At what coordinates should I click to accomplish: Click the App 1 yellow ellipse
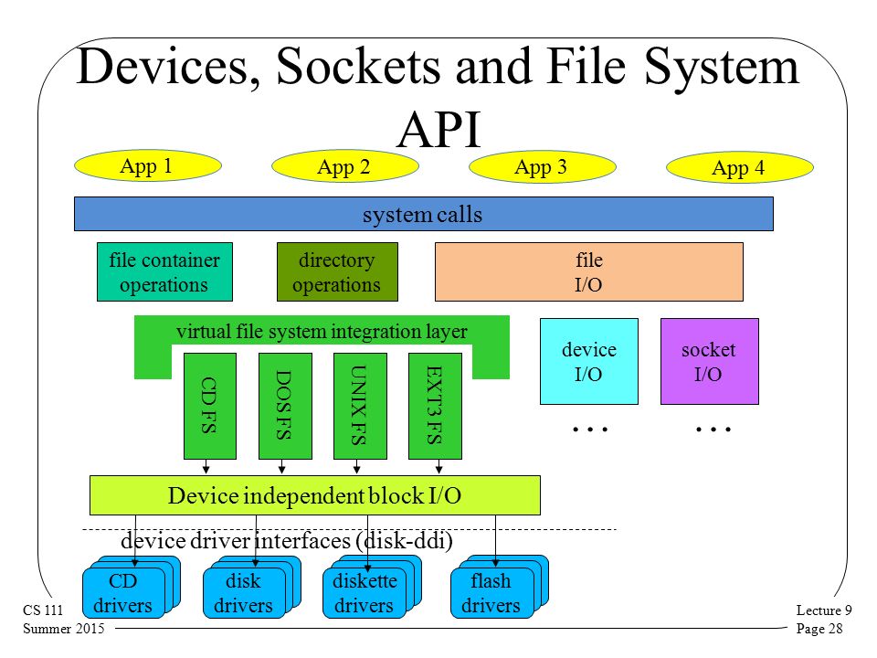point(148,165)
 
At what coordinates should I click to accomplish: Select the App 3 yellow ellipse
point(542,166)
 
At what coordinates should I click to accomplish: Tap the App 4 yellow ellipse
point(739,167)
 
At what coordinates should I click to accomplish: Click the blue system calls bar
point(423,214)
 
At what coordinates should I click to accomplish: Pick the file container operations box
point(164,272)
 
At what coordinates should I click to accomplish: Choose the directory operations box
point(337,272)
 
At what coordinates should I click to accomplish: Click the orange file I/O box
point(589,272)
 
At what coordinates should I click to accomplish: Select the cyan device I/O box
point(589,362)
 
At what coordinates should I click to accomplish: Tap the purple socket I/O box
point(709,362)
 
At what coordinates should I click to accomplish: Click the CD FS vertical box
point(210,406)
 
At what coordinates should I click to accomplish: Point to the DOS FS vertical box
point(285,406)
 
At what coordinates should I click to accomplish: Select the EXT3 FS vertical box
point(435,406)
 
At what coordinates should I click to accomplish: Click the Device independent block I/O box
point(315,495)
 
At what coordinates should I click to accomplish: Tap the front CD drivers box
point(123,593)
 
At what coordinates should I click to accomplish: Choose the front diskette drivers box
point(365,593)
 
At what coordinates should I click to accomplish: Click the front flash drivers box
point(491,593)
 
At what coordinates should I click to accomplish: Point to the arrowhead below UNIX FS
point(357,469)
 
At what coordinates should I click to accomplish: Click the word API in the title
point(439,129)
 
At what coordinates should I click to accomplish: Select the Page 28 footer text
point(819,629)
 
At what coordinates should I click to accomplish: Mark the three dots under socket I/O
point(713,430)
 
